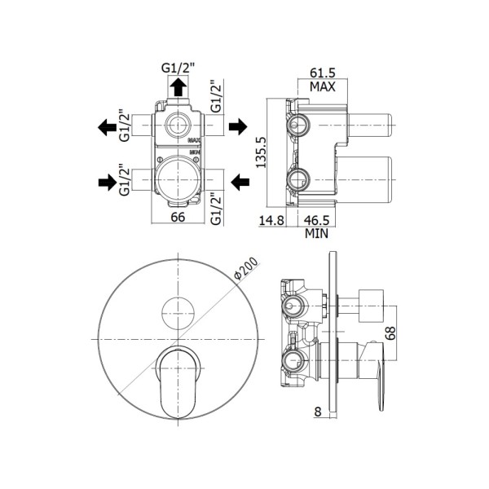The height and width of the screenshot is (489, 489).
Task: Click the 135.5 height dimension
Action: coord(261,152)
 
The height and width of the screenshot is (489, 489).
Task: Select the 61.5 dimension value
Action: coord(323,73)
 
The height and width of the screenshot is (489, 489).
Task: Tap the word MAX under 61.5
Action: coord(323,86)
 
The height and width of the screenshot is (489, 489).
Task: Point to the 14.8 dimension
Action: coord(271,220)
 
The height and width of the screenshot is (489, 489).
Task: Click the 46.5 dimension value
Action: coord(316,220)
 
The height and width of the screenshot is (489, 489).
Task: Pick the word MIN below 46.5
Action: coord(316,233)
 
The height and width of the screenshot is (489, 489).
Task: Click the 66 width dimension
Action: coord(178,217)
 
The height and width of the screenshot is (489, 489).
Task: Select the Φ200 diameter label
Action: coord(246,268)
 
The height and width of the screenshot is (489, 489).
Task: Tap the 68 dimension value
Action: coord(390,333)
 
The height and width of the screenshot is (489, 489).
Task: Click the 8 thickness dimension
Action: coord(318,412)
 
